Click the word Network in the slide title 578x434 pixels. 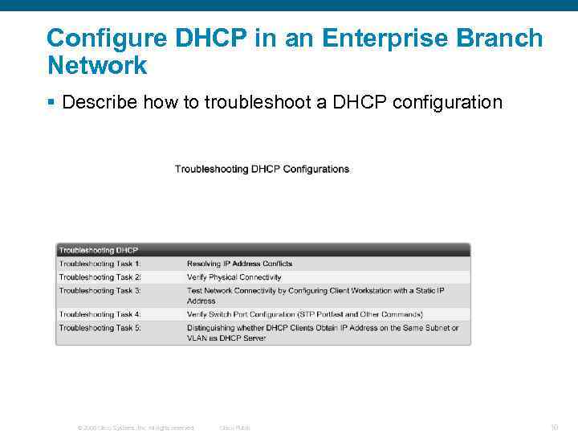[x=97, y=65]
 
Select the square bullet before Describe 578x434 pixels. [x=51, y=103]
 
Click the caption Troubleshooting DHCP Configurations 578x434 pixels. [x=262, y=169]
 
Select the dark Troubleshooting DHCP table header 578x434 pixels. [x=98, y=250]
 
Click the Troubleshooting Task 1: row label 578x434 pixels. [x=100, y=264]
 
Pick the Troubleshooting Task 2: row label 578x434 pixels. [x=100, y=277]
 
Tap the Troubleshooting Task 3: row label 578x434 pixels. [x=100, y=290]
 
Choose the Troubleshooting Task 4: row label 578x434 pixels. [x=100, y=314]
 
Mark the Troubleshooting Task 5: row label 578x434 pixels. [x=100, y=328]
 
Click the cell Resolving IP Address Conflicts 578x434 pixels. [x=239, y=264]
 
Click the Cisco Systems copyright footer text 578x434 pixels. [x=136, y=428]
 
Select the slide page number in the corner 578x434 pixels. [x=554, y=427]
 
